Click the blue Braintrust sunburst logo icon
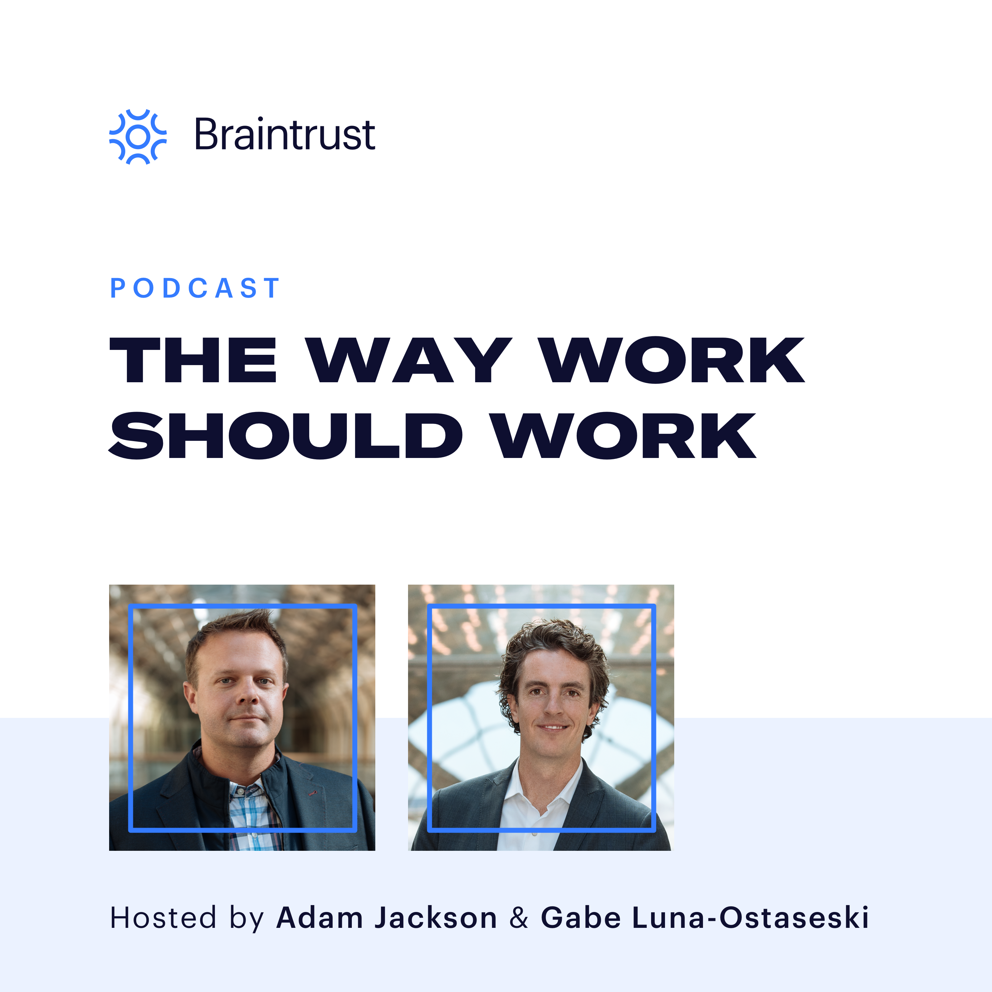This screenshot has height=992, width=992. pyautogui.click(x=138, y=137)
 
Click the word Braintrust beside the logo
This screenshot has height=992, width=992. pyautogui.click(x=284, y=135)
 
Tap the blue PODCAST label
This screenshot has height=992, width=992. pyautogui.click(x=195, y=288)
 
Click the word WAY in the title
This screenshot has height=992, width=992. pyautogui.click(x=410, y=360)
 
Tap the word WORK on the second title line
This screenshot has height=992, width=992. pyautogui.click(x=624, y=435)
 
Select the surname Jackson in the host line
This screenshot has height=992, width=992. pyautogui.click(x=435, y=918)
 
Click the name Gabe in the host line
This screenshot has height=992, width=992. pyautogui.click(x=580, y=918)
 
